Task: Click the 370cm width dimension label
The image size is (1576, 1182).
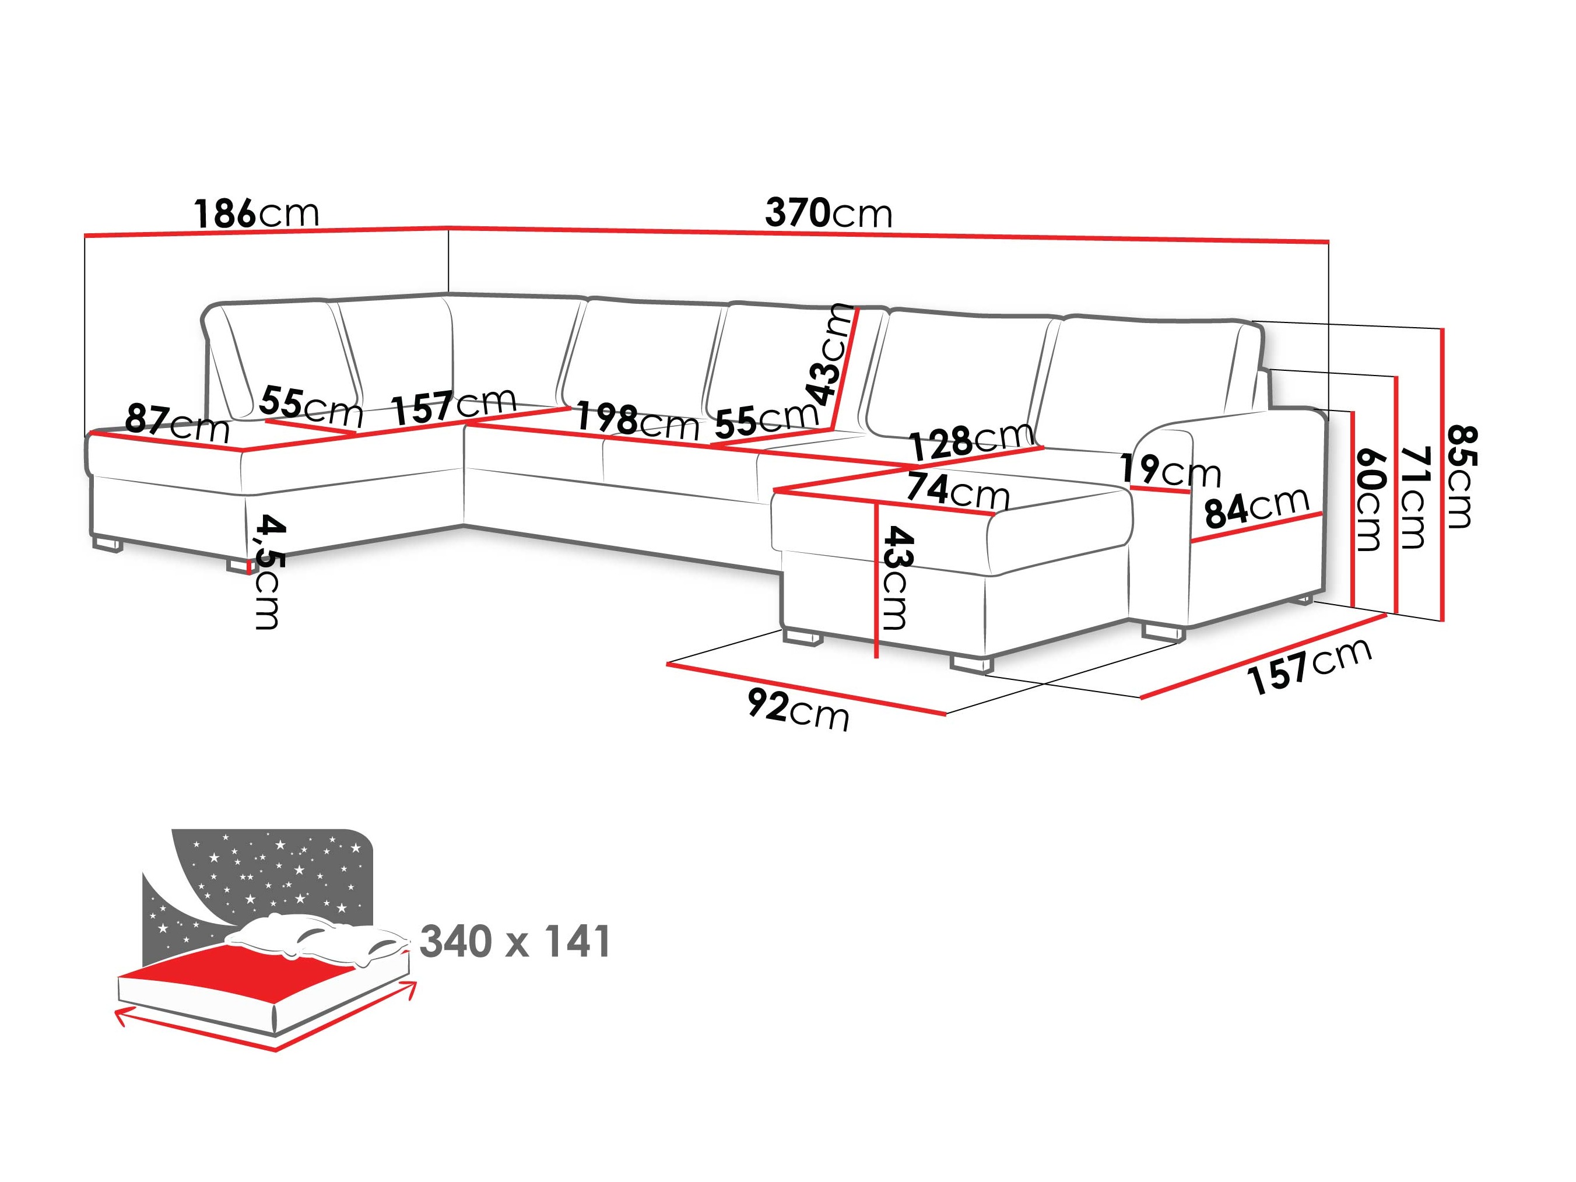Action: pyautogui.click(x=828, y=213)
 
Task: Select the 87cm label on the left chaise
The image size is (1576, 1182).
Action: pyautogui.click(x=177, y=423)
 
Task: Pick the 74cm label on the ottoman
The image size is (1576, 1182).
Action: pyautogui.click(x=957, y=491)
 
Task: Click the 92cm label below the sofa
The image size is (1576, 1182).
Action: pyautogui.click(x=798, y=710)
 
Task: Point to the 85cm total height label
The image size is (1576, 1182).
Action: pyautogui.click(x=1460, y=478)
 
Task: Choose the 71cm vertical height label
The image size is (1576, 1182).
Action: pyautogui.click(x=1414, y=497)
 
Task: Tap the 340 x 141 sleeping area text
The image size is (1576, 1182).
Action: pyautogui.click(x=514, y=942)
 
